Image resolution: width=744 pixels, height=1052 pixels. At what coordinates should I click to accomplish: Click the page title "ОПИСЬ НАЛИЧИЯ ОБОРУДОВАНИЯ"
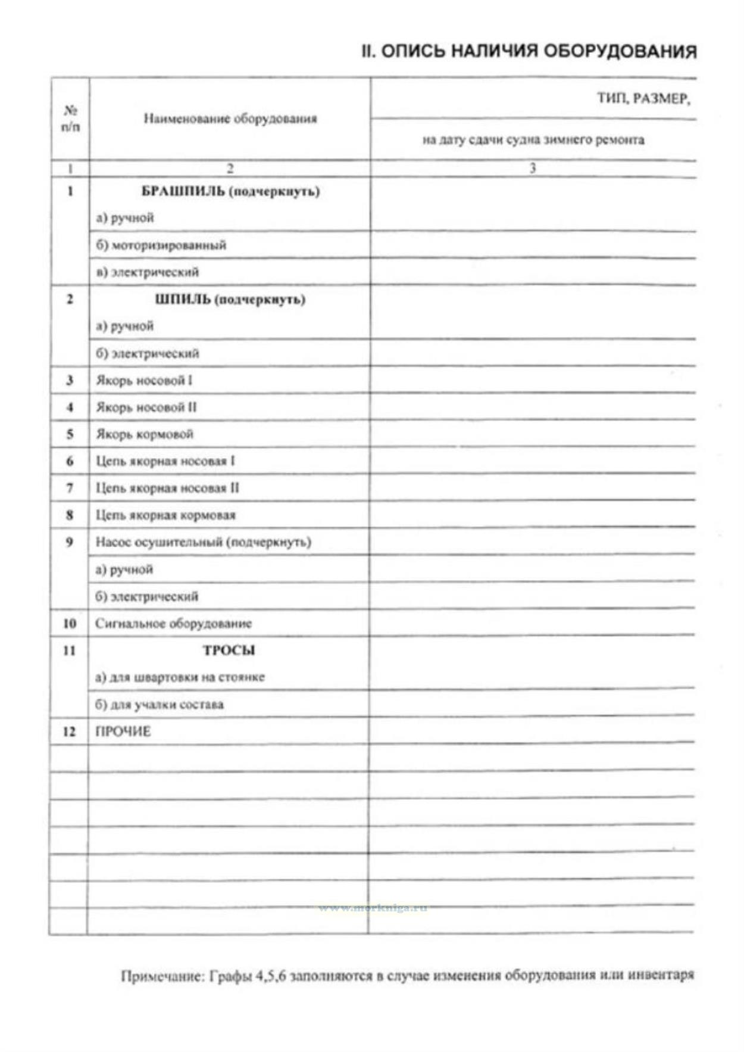(x=538, y=51)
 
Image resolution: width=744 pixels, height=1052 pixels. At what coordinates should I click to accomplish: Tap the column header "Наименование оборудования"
(x=230, y=119)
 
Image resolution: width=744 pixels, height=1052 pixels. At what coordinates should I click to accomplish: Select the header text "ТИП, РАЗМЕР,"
(x=643, y=99)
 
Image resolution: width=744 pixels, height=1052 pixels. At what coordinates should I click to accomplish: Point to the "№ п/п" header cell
(x=70, y=119)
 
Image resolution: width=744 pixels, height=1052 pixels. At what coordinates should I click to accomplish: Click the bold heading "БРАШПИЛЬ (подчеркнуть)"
(x=230, y=191)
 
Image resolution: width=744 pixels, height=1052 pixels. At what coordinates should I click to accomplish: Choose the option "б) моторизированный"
(x=161, y=245)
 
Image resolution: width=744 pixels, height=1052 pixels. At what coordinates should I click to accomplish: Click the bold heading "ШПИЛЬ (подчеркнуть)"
(x=230, y=299)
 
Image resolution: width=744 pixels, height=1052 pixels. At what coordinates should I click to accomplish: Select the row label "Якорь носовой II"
(x=146, y=407)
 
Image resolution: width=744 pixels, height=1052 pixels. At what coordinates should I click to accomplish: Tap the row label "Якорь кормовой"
(x=145, y=434)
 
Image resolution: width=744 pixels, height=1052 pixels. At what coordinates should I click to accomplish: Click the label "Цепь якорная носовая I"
(x=165, y=461)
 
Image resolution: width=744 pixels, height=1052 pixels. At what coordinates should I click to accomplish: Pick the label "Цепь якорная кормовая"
(x=165, y=515)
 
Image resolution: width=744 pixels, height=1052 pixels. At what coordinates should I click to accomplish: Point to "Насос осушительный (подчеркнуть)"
(x=203, y=542)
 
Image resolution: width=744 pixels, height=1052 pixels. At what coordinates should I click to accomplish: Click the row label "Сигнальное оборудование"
(x=173, y=624)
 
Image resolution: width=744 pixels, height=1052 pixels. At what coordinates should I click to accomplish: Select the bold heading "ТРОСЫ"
(x=229, y=651)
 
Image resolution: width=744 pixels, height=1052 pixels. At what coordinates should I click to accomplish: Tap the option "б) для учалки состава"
(x=160, y=705)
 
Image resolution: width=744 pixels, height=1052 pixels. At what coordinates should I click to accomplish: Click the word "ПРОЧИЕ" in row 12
(x=123, y=732)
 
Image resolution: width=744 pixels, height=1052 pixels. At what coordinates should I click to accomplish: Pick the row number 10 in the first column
(x=70, y=624)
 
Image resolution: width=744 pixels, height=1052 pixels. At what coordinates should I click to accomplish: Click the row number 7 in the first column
(x=70, y=488)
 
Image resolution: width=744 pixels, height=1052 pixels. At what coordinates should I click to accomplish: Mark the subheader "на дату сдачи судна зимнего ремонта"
(x=533, y=141)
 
